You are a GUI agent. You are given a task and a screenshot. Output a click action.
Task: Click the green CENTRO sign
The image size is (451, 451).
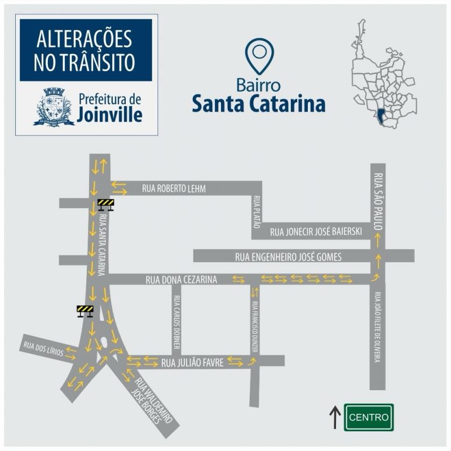(x=369, y=418)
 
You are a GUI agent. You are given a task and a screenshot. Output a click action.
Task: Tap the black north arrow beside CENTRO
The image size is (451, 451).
(x=335, y=417)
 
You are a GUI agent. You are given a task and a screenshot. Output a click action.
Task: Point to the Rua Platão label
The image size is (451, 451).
(x=256, y=212)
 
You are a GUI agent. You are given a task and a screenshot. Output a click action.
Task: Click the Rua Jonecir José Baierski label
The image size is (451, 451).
(x=315, y=231)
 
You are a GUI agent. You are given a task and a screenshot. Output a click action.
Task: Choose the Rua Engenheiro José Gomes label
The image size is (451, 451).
(x=288, y=257)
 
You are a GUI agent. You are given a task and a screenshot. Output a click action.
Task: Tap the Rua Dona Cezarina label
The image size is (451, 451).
(x=181, y=279)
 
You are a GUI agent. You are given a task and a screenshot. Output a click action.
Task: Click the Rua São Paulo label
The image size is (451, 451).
(x=378, y=200)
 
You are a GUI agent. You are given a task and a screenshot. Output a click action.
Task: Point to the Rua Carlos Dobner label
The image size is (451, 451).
(x=176, y=322)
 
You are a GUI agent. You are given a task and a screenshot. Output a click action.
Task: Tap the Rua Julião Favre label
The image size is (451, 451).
(x=193, y=363)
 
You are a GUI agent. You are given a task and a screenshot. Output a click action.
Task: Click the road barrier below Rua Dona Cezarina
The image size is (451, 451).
(x=85, y=311)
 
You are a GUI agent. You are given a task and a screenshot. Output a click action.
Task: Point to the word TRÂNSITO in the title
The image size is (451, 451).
(x=85, y=63)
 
